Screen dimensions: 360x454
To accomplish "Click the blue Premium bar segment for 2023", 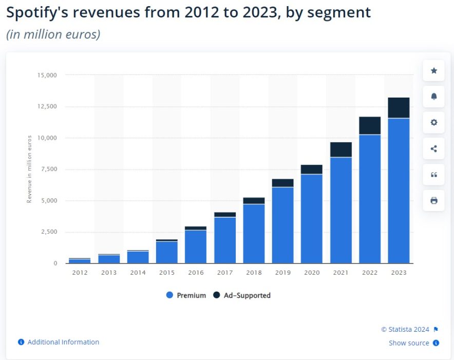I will point(399,191).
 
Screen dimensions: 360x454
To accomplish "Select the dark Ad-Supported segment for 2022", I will point(370,125).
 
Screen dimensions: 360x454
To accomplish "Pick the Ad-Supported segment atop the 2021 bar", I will point(341,149).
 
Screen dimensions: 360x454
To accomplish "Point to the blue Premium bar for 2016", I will point(196,247).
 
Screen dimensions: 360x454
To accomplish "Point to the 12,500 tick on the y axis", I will point(46,107).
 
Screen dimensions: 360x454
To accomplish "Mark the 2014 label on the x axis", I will point(138,273).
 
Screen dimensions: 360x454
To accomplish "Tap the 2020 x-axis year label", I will point(312,273).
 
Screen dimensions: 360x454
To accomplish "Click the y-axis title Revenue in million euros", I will point(29,169).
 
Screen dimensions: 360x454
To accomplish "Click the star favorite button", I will point(433,70).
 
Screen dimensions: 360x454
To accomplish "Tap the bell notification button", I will point(433,97).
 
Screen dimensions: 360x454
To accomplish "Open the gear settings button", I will point(433,122).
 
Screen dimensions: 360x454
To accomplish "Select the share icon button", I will point(433,149).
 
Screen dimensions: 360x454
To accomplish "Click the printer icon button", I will point(433,200).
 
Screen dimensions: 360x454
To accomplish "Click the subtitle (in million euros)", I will point(53,34).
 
